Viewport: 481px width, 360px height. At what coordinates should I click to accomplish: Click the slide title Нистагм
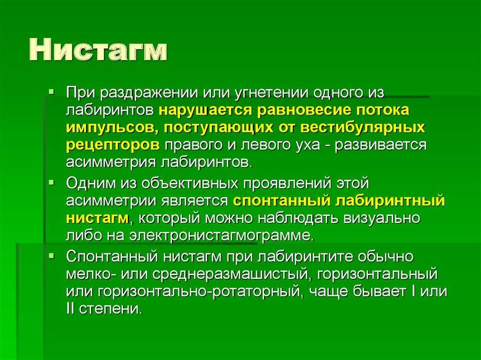pyautogui.click(x=99, y=50)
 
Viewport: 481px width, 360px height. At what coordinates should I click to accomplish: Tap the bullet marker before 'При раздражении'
pyautogui.click(x=51, y=92)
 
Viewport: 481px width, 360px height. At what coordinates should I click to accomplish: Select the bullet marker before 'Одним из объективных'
pyautogui.click(x=51, y=183)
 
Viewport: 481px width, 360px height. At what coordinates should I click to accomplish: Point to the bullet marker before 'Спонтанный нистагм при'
pyautogui.click(x=51, y=255)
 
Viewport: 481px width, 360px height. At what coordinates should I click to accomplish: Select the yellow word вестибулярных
pyautogui.click(x=363, y=128)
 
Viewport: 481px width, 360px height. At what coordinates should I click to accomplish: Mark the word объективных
pyautogui.click(x=190, y=184)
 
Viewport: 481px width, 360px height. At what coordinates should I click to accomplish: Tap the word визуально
pyautogui.click(x=382, y=218)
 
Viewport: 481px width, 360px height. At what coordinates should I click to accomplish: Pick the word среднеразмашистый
pyautogui.click(x=230, y=274)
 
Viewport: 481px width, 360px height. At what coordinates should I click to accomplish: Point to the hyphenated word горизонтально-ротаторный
pyautogui.click(x=199, y=291)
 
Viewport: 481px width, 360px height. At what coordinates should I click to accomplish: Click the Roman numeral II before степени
pyautogui.click(x=70, y=308)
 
